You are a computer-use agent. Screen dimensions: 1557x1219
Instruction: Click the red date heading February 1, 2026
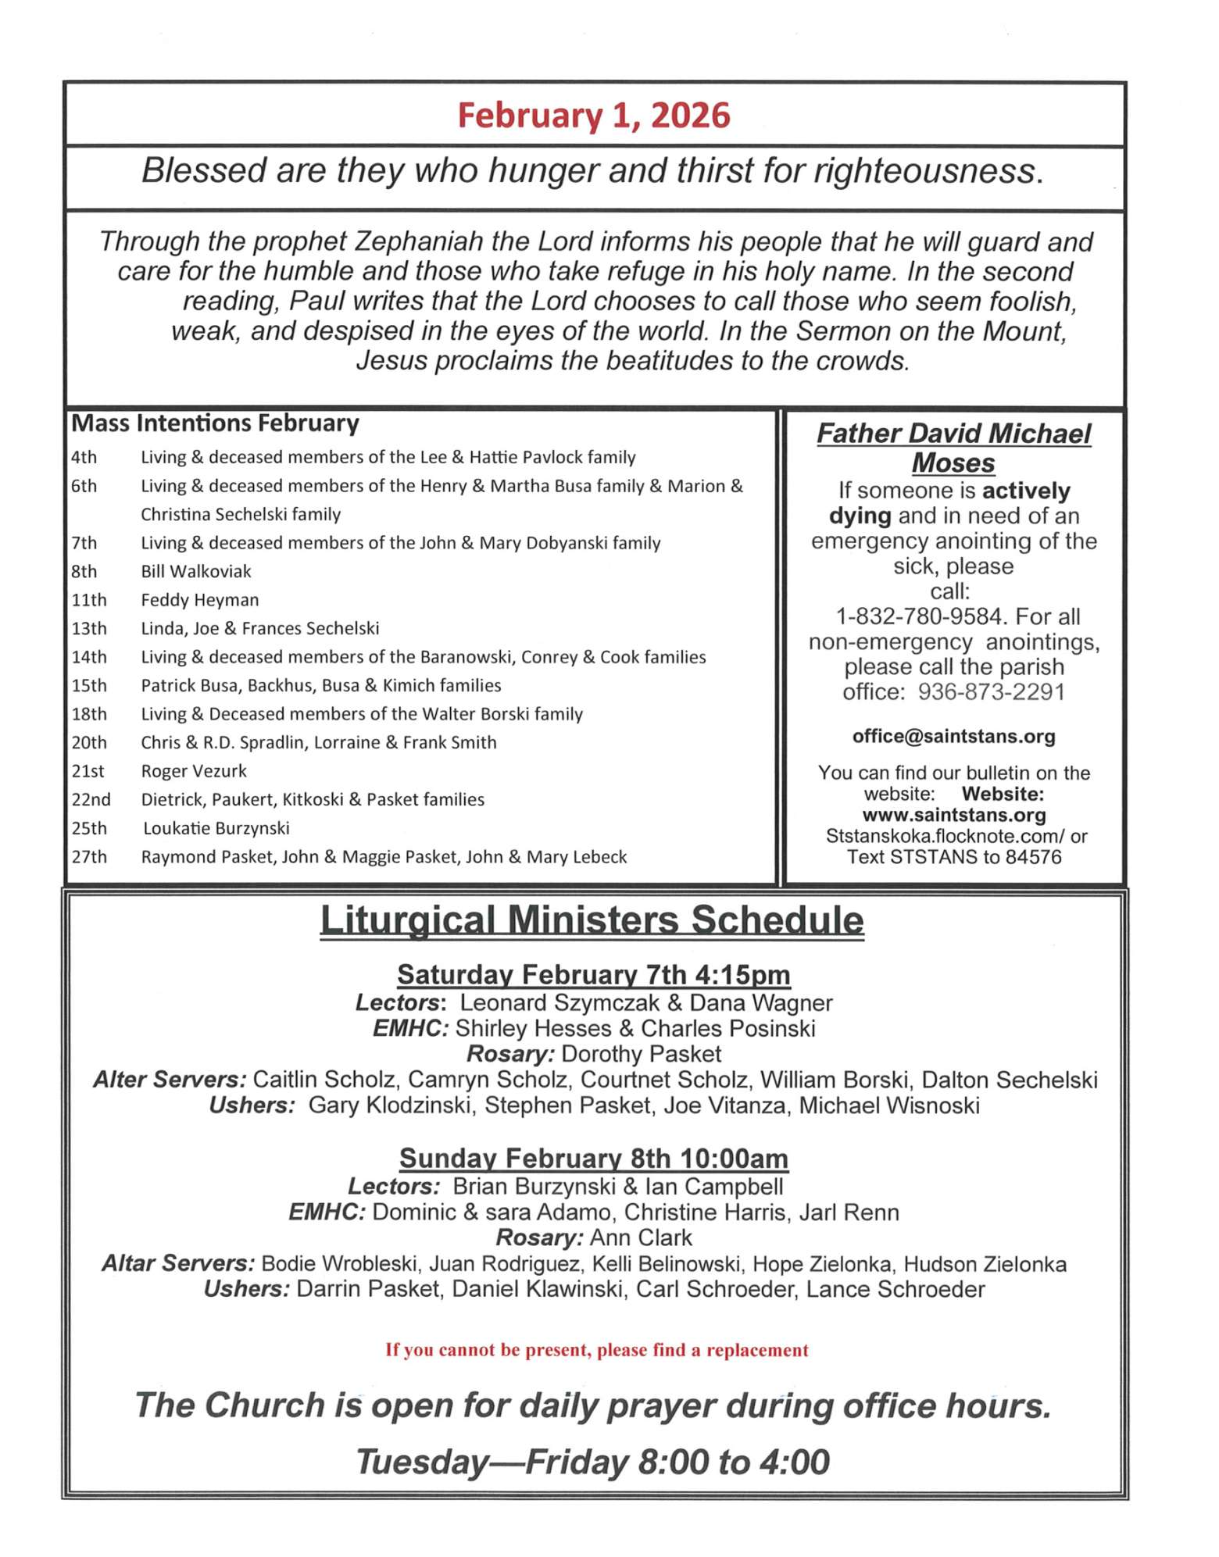pos(593,115)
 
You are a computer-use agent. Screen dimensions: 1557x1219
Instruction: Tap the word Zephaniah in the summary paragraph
pos(419,241)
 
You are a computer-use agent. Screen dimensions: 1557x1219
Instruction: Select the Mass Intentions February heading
pos(215,423)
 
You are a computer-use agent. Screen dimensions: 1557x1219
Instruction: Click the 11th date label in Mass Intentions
pos(88,600)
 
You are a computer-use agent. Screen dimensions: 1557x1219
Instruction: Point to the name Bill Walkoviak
pos(196,571)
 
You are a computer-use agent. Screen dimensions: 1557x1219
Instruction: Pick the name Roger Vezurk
pos(194,771)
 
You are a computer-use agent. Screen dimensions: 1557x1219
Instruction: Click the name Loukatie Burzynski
pos(216,828)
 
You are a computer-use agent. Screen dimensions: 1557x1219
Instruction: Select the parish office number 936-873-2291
pos(991,691)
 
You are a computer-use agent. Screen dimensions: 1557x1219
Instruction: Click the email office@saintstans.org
pos(953,736)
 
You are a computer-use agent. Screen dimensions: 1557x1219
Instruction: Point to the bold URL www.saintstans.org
pos(953,815)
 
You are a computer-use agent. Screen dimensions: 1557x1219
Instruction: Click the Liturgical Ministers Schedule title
pos(592,920)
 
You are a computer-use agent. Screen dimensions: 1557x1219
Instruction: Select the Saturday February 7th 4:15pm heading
pos(593,974)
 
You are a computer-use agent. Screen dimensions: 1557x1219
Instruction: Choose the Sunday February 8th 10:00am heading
pos(593,1158)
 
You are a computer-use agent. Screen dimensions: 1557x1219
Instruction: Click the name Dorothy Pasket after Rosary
pos(641,1054)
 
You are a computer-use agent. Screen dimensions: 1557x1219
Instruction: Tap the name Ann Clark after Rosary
pos(641,1237)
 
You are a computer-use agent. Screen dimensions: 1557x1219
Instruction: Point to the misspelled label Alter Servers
pos(170,1080)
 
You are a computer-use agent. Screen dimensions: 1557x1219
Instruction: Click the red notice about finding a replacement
pos(596,1350)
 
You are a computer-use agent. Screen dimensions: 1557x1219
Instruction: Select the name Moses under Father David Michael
pos(953,462)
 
